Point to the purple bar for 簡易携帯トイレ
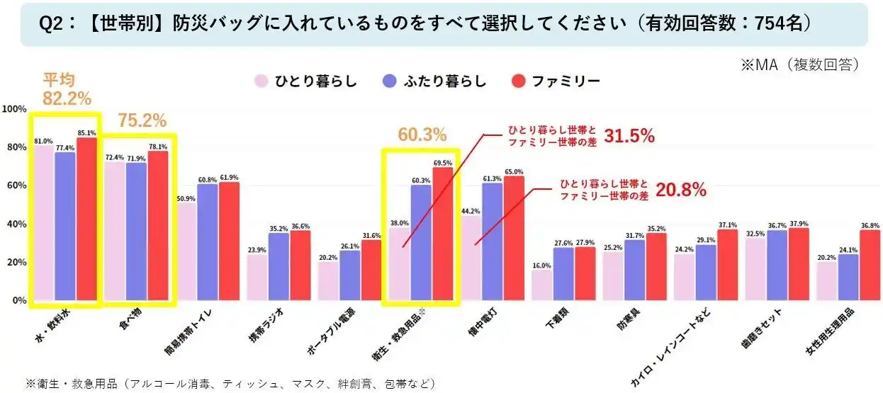coord(208,241)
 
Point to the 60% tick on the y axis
coord(15,186)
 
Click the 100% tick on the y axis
coord(15,109)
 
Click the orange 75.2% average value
coord(142,121)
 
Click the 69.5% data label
coord(443,162)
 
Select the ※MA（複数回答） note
coord(801,64)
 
